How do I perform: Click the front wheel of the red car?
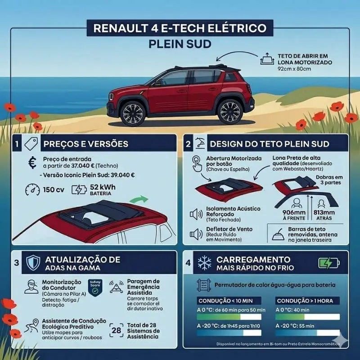point(133,112)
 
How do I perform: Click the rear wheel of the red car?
point(229,111)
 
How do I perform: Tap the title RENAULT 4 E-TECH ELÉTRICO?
point(180,28)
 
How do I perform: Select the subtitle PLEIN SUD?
point(180,45)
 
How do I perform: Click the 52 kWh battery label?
point(102,188)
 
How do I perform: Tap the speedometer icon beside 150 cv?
point(32,189)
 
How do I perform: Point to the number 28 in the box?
point(117,331)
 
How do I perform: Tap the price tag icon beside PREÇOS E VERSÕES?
point(31,144)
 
